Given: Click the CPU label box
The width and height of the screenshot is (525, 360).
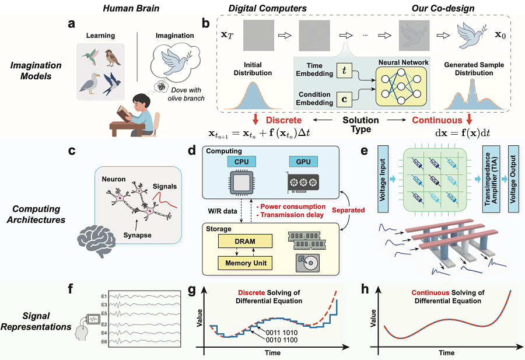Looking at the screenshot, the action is [242, 162].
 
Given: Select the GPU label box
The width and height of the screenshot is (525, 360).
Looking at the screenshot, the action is [303, 162].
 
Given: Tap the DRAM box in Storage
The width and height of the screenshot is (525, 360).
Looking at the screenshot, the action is [245, 242].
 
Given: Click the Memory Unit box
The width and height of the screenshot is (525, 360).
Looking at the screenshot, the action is [245, 263].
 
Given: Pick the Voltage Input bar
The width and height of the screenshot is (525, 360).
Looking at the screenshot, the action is [383, 179].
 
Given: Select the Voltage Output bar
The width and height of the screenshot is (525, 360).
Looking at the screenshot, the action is [513, 179].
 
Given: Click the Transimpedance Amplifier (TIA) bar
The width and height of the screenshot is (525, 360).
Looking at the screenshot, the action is [491, 179].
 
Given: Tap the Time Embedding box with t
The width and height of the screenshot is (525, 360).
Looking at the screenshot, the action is [344, 70].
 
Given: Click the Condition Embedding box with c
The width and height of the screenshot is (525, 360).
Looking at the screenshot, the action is [344, 99].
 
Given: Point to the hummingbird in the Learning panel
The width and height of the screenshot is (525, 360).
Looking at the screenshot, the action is [90, 57].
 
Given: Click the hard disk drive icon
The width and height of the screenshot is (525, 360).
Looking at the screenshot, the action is [307, 263].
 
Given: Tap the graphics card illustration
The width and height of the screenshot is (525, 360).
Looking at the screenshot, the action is [302, 183].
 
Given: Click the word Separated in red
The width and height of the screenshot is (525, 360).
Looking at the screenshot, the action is [348, 210].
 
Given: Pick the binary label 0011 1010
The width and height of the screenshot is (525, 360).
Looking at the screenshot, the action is [282, 333].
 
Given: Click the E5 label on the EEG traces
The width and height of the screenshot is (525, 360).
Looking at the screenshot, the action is [104, 314].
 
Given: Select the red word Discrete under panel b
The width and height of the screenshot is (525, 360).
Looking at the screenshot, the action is [283, 120].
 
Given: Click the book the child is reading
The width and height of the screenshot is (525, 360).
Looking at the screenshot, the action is [124, 114].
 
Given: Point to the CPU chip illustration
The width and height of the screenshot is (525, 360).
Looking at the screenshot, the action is [242, 183].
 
